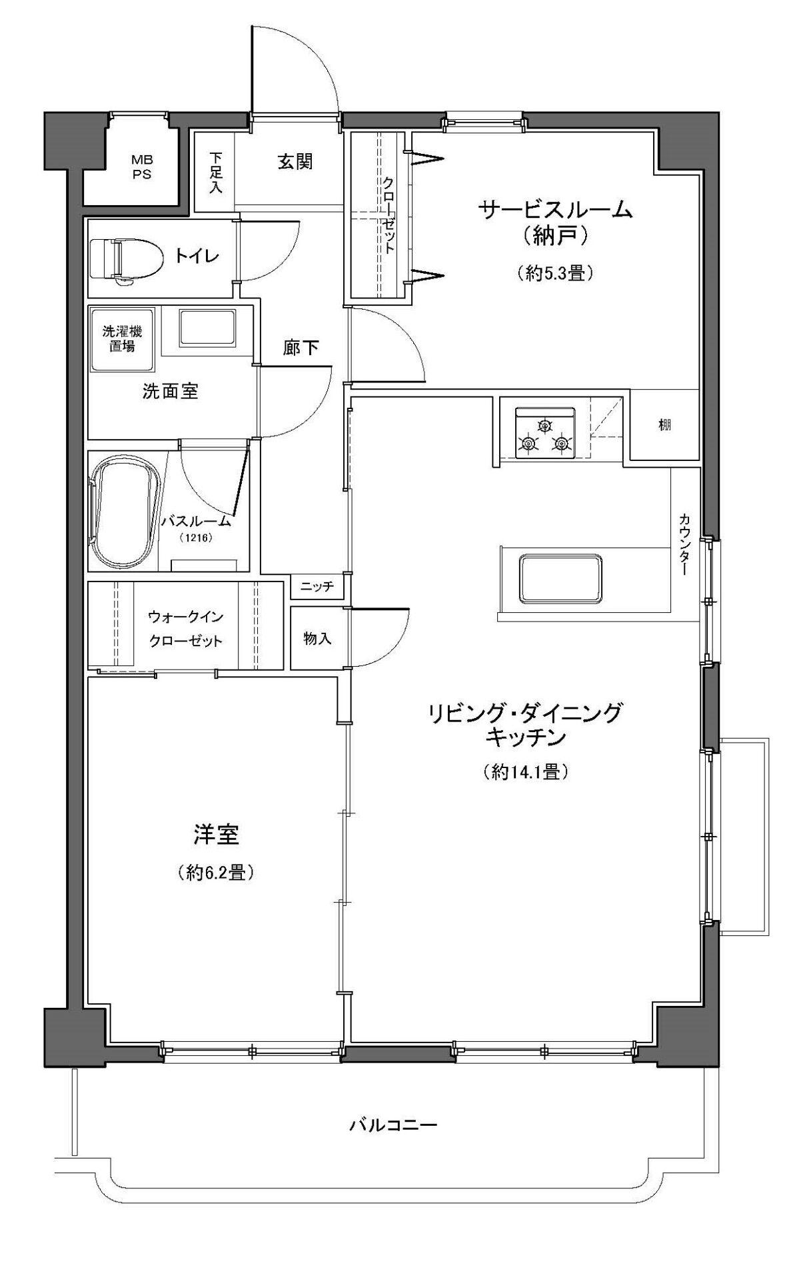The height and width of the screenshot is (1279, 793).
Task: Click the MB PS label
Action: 141,167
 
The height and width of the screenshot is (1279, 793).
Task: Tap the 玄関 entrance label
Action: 295,161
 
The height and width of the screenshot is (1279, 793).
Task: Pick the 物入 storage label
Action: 317,638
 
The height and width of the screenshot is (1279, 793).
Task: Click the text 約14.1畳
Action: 525,772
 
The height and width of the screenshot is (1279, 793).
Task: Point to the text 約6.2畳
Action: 215,873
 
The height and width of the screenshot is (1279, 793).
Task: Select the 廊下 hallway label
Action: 301,348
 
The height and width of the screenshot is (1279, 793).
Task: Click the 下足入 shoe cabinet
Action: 215,172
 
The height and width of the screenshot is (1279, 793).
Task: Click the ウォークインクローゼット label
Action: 185,628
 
